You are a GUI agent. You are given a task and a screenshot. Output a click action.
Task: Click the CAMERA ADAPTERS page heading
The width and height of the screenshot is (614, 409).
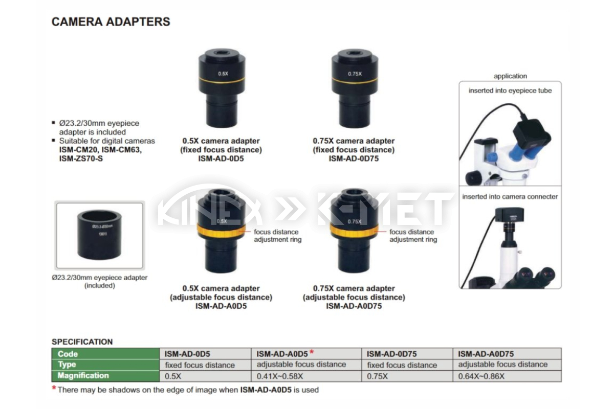[x=111, y=21]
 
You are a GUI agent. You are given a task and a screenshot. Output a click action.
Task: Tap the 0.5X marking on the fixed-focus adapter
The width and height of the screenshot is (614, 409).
[x=223, y=74]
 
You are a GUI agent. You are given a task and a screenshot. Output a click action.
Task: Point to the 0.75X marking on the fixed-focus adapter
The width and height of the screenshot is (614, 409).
[x=355, y=74]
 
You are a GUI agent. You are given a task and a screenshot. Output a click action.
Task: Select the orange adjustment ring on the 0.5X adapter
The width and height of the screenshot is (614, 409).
[x=221, y=231]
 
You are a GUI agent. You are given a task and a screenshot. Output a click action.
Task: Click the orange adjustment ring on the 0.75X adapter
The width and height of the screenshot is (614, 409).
[x=354, y=231]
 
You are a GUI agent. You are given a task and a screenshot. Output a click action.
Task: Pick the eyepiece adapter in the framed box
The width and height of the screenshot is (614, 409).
[x=99, y=235]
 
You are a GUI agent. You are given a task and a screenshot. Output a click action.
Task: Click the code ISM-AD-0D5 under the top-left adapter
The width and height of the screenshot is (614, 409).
[x=221, y=158]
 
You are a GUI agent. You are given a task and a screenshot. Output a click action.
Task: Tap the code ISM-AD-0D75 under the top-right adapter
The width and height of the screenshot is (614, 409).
[x=354, y=158]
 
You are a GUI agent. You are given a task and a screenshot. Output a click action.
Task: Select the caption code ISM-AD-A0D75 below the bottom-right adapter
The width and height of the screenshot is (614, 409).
[x=354, y=306]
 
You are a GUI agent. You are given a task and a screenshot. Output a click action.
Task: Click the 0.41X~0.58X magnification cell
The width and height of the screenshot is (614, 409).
[x=280, y=376]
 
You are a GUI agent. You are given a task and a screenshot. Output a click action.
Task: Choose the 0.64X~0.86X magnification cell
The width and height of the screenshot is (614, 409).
[x=481, y=376]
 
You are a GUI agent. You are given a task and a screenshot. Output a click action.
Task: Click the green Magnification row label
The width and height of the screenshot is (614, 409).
[x=83, y=375]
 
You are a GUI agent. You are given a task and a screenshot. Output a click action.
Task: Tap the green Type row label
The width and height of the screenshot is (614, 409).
[x=67, y=365]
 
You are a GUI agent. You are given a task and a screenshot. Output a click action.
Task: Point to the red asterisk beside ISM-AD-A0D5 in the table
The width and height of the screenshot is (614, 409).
[x=312, y=351]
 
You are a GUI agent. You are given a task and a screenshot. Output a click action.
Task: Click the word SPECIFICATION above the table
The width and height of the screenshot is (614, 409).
[x=82, y=342]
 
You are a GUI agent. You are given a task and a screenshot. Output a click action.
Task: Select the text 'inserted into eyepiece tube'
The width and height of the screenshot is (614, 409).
[x=510, y=90]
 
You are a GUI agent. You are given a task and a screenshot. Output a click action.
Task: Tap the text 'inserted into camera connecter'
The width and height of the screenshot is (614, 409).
[x=510, y=196]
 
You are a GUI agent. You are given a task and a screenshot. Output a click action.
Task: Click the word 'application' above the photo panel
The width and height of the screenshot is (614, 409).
[x=511, y=76]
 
